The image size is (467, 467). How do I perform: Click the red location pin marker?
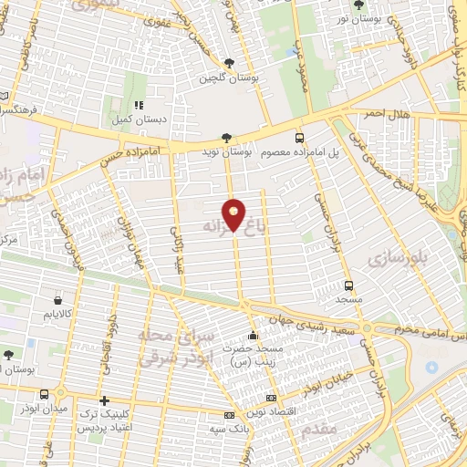(234, 213)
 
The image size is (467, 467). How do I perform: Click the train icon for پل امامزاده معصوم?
(300, 138)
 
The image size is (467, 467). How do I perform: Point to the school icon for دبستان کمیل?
(140, 104)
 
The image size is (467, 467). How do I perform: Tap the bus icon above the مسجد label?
(348, 285)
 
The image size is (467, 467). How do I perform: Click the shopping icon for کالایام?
(58, 299)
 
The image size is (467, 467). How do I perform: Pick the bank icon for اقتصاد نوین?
(271, 399)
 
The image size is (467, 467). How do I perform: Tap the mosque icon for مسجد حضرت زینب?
(253, 335)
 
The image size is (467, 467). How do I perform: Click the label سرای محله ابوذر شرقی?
(171, 347)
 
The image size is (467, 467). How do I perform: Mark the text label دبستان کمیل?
(139, 119)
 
